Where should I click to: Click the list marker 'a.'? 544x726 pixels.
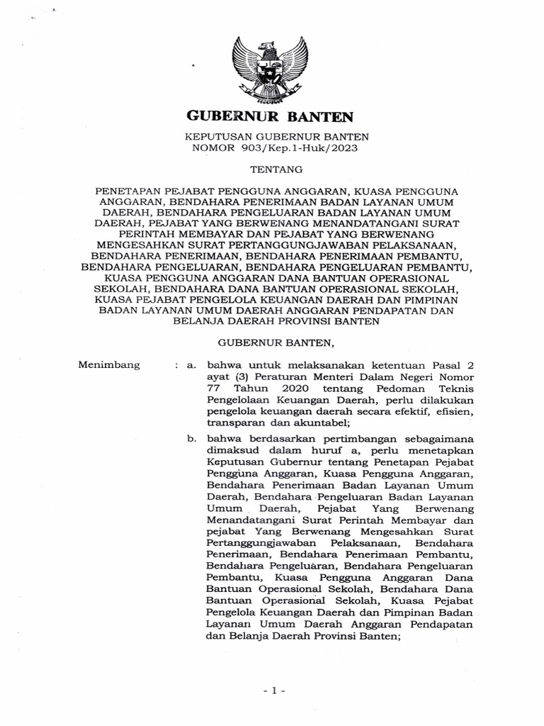click(189, 365)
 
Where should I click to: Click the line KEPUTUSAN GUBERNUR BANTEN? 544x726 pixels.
click(272, 136)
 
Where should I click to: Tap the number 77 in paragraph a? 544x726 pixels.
click(212, 389)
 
